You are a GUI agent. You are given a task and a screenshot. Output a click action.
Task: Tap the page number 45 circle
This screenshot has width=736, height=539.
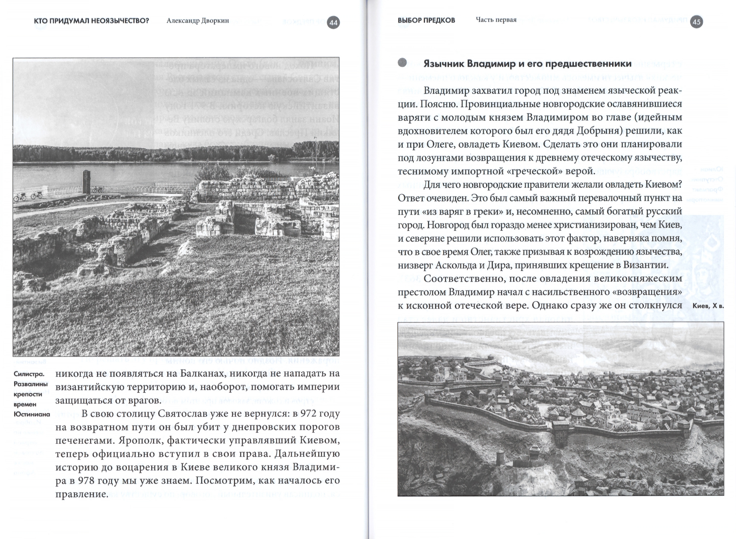(696, 22)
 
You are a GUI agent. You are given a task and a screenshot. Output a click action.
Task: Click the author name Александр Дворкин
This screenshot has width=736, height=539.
(198, 21)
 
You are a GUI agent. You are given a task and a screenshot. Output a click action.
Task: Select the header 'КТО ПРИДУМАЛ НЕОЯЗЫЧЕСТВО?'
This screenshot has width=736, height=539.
(91, 21)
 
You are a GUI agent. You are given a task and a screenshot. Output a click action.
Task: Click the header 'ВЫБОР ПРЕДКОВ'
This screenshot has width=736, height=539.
(426, 21)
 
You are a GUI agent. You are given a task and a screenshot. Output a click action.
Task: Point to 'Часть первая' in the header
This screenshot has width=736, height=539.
(496, 20)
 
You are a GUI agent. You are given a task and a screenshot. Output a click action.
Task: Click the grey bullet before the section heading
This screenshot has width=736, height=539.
(402, 63)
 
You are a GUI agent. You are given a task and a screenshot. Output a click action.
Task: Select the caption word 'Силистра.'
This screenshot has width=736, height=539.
(29, 374)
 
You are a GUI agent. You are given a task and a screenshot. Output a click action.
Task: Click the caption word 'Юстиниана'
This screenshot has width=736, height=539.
(32, 414)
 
